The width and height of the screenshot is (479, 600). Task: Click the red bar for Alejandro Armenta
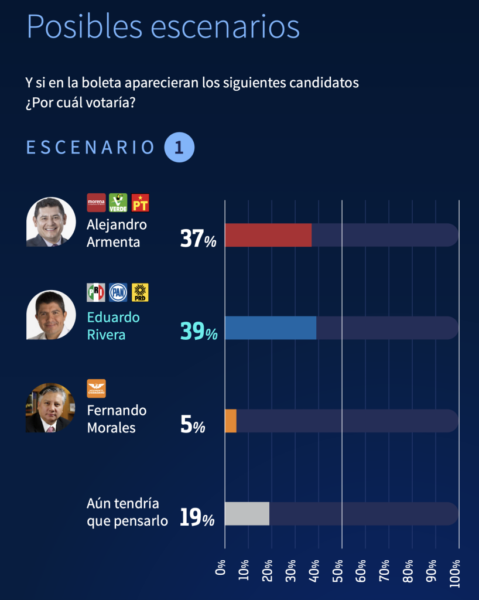click(268, 235)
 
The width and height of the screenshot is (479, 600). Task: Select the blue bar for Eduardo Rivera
click(271, 328)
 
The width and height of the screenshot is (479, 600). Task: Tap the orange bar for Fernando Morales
click(231, 421)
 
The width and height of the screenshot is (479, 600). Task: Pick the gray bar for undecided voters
click(247, 513)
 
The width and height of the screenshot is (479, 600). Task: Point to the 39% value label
click(199, 332)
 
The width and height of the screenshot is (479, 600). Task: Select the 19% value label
click(197, 518)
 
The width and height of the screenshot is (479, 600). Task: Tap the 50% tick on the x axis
click(338, 572)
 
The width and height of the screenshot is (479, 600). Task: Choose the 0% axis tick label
click(221, 567)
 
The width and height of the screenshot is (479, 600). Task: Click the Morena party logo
click(96, 203)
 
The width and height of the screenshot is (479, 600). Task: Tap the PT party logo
click(141, 203)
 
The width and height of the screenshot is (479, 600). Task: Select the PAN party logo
click(118, 292)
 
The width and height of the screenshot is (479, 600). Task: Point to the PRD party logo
click(141, 292)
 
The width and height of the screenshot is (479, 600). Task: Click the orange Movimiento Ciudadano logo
click(96, 388)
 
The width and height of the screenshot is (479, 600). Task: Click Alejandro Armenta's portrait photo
click(51, 221)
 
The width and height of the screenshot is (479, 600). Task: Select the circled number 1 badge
click(179, 147)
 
